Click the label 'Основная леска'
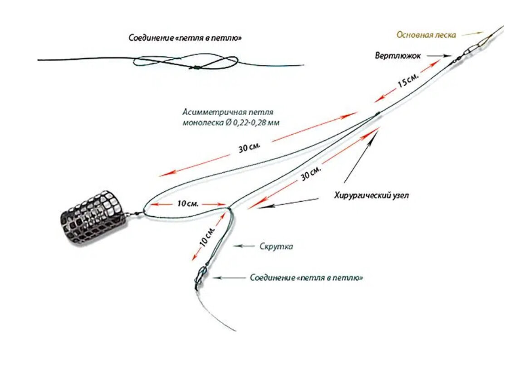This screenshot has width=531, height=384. pyautogui.click(x=426, y=35)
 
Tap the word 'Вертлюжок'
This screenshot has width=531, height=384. pyautogui.click(x=398, y=55)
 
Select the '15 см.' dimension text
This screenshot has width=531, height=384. pyautogui.click(x=408, y=81)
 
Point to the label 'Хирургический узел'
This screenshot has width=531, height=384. pyautogui.click(x=371, y=195)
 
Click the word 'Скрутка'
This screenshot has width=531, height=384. pyautogui.click(x=276, y=246)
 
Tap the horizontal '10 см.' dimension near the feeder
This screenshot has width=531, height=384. pyautogui.click(x=188, y=204)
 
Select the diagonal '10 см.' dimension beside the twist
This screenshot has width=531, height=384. pyautogui.click(x=207, y=236)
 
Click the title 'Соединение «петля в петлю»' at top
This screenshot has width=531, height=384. pyautogui.click(x=185, y=38)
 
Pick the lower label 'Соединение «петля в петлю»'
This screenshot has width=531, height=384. pyautogui.click(x=306, y=278)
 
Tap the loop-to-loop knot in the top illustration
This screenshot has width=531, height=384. pyautogui.click(x=196, y=68)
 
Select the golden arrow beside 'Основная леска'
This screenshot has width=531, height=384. pyautogui.click(x=472, y=34)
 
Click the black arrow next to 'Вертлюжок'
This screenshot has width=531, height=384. pyautogui.click(x=439, y=55)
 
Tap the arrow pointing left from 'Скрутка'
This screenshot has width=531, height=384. pyautogui.click(x=244, y=246)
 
